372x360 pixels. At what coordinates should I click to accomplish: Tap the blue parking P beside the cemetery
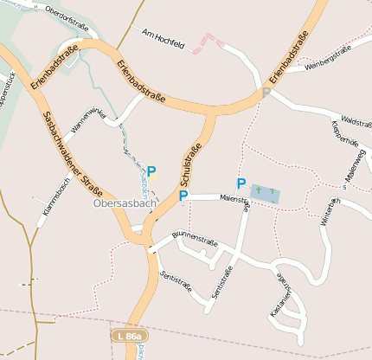pos(241,183)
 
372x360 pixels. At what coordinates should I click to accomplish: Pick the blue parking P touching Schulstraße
pos(183,196)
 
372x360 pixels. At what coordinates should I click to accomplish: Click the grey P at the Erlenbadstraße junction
pos(266,92)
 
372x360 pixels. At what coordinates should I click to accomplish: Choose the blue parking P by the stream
pos(151,171)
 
